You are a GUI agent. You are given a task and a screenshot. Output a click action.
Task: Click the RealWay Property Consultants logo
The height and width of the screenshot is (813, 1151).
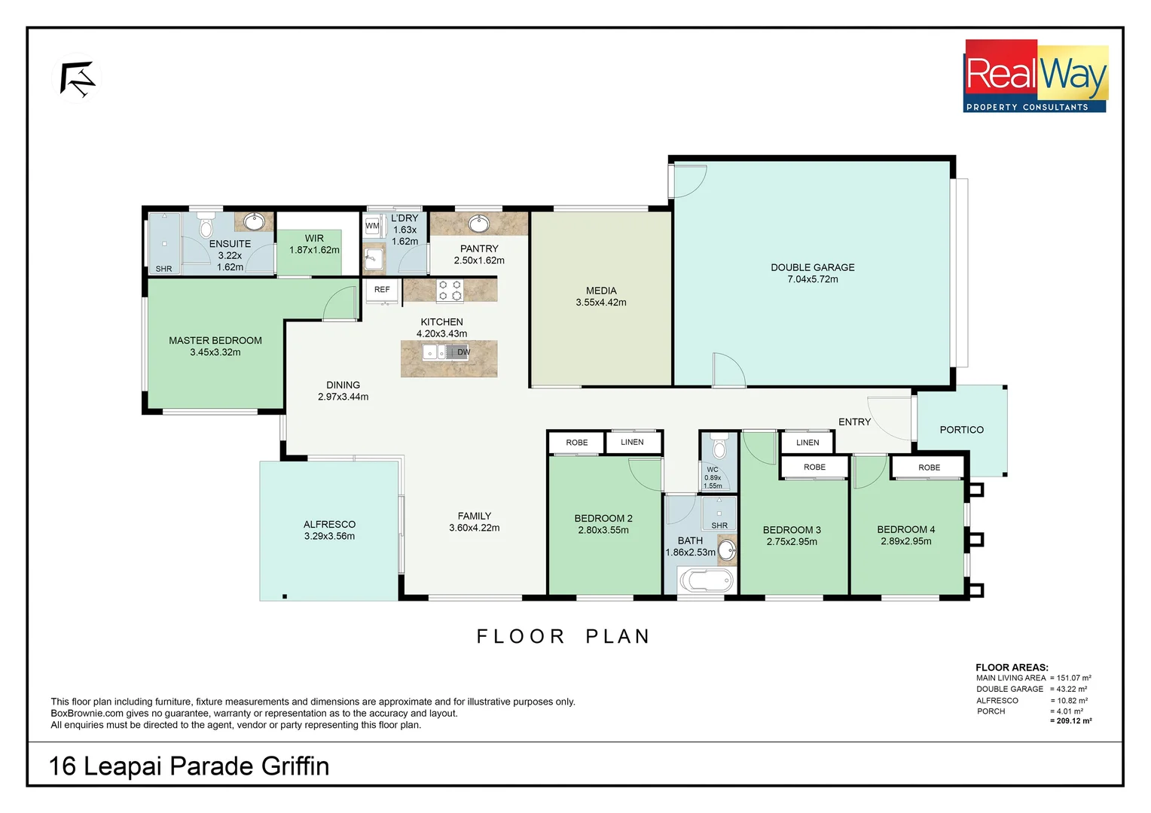[1036, 76]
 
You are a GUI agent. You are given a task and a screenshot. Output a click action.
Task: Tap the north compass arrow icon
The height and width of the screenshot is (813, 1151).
[77, 79]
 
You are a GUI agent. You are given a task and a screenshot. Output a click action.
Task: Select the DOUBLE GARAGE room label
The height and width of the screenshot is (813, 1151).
[812, 267]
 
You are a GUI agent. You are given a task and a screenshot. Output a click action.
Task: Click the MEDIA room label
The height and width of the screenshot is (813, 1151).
[600, 291]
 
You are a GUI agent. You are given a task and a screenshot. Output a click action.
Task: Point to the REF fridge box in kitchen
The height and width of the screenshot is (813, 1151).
[382, 290]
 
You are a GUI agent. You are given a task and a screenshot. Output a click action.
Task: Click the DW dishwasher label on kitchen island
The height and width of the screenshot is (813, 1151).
[463, 352]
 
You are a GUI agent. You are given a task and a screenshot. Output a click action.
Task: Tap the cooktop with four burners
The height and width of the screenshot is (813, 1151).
[450, 291]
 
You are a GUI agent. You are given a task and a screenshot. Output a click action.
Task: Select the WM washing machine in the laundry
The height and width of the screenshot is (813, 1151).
[372, 226]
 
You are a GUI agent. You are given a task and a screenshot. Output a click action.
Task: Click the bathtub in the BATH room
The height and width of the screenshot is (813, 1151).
[706, 581]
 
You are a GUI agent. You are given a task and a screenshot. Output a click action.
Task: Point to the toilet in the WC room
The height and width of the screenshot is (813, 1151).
[719, 449]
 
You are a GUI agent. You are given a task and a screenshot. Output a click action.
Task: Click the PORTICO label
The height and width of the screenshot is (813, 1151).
[961, 430]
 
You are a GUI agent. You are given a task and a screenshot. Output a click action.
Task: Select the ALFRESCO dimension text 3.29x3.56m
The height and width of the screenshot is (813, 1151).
[329, 536]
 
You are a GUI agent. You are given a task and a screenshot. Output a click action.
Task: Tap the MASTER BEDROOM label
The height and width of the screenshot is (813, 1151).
[215, 340]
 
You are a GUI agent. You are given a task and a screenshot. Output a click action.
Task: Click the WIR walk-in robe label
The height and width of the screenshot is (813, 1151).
[314, 239]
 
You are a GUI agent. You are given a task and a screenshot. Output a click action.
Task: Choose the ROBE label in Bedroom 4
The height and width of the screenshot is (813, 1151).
[929, 467]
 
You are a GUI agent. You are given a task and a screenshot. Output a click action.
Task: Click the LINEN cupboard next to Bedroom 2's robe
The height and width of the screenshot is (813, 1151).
[632, 442]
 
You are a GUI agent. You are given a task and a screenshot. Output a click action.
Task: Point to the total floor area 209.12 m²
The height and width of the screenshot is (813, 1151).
[1070, 721]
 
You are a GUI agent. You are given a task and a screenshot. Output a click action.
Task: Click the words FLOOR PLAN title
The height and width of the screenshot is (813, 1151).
[563, 637]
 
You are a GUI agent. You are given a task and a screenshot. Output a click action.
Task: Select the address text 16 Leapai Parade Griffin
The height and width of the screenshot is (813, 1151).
[189, 766]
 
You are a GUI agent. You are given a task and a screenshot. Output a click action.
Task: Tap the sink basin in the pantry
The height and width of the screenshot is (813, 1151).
[478, 224]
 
